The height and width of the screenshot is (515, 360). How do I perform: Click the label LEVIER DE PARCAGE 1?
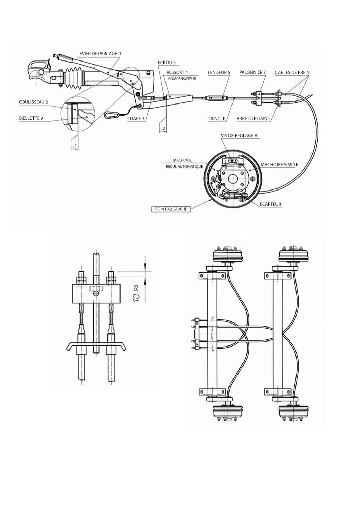[99, 53]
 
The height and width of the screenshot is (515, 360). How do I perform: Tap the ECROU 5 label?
[166, 62]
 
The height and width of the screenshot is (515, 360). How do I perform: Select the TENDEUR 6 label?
[219, 72]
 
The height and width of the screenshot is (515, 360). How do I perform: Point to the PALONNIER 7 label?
[252, 72]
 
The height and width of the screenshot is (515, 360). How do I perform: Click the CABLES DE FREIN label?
[292, 72]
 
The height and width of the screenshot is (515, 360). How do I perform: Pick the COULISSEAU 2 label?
[34, 102]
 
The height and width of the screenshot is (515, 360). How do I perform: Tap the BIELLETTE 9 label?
[31, 118]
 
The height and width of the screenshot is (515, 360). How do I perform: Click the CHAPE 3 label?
[136, 119]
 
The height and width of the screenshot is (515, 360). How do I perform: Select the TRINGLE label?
[216, 119]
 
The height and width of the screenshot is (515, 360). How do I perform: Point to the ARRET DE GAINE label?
[253, 119]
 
